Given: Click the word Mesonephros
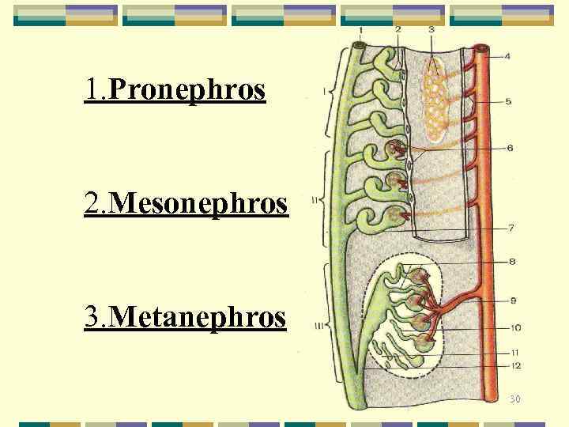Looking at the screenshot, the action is pyautogui.click(x=198, y=204).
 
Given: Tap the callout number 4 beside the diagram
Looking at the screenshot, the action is pyautogui.click(x=507, y=56).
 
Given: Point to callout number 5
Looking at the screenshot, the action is pyautogui.click(x=507, y=102).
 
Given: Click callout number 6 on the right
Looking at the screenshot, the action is pyautogui.click(x=510, y=148).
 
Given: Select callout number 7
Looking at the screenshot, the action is pyautogui.click(x=511, y=229).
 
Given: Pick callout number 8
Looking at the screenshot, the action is pyautogui.click(x=512, y=261).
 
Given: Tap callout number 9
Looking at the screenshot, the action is pyautogui.click(x=512, y=300).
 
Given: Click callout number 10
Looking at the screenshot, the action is pyautogui.click(x=514, y=327).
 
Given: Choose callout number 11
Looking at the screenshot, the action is pyautogui.click(x=514, y=353).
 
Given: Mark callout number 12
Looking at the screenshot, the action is pyautogui.click(x=515, y=365).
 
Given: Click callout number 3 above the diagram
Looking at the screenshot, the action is pyautogui.click(x=431, y=30).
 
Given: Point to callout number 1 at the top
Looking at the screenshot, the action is pyautogui.click(x=360, y=30).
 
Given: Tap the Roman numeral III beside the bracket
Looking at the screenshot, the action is pyautogui.click(x=318, y=325).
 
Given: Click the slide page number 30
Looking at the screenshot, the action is pyautogui.click(x=514, y=399).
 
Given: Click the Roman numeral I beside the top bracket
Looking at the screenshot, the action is pyautogui.click(x=324, y=92).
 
